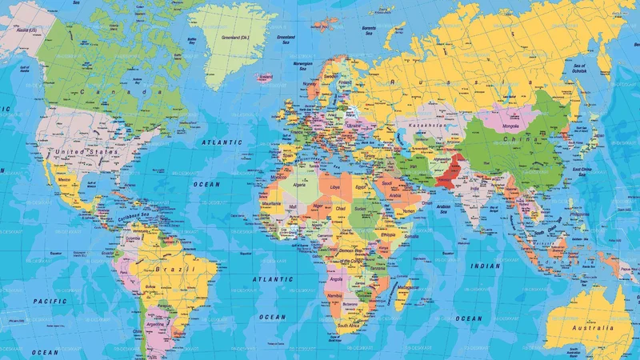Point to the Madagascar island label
[x=409, y=286]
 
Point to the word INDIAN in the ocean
[x=486, y=266]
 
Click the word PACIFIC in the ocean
[x=49, y=301]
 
